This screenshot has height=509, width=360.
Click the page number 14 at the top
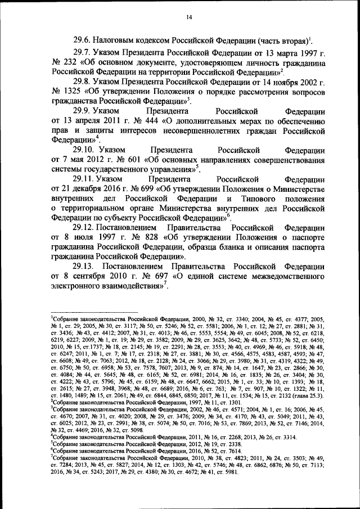190,19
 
